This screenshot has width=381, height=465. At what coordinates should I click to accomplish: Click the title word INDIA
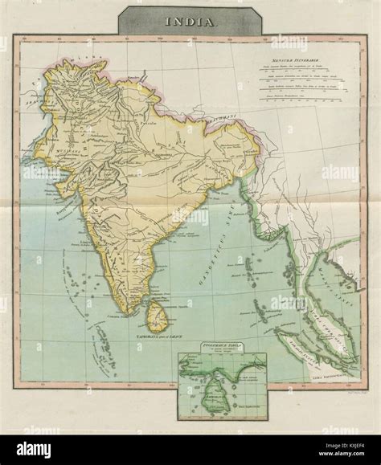190,23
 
